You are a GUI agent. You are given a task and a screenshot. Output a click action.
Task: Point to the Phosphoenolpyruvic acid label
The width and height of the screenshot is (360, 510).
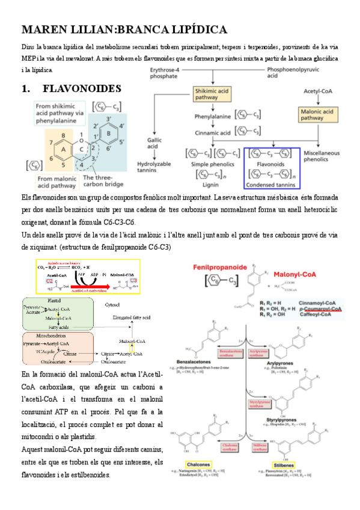point(291,73)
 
